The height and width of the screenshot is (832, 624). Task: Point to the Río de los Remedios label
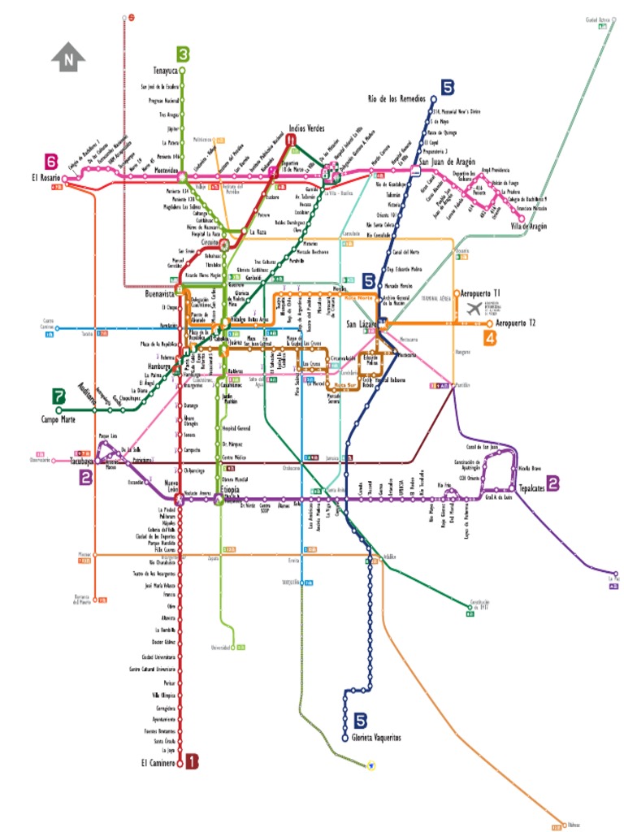(396, 98)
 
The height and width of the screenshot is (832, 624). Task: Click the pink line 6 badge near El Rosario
(52, 161)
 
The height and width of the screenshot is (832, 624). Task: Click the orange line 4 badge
(490, 338)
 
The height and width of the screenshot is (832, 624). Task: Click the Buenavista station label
(160, 294)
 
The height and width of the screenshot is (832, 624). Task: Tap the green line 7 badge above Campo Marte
(58, 396)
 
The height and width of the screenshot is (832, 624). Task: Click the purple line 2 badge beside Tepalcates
(552, 485)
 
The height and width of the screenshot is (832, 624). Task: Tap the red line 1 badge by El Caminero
(192, 761)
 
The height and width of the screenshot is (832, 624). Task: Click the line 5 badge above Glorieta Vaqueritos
(361, 719)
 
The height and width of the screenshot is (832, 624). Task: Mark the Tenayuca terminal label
(165, 71)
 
